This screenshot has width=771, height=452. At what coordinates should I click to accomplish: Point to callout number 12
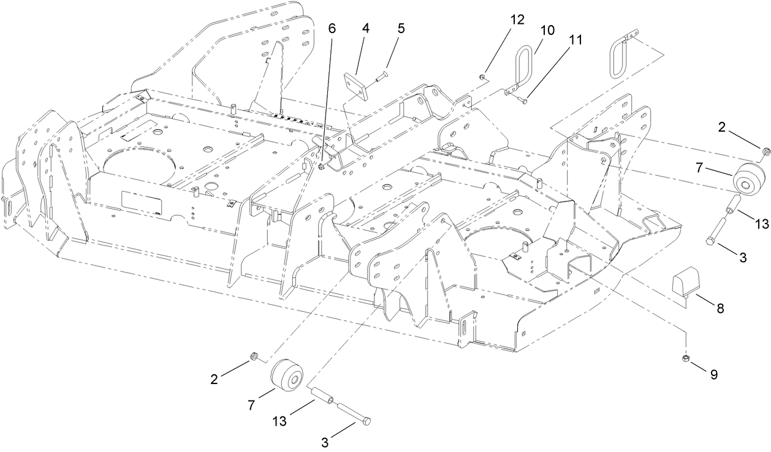517,19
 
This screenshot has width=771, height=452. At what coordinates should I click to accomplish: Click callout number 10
547,29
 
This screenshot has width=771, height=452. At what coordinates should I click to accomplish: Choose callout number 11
575,40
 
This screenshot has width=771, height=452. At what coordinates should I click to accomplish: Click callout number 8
720,309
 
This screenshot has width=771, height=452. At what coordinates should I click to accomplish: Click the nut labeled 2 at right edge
765,151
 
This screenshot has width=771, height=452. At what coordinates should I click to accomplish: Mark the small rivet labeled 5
380,76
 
